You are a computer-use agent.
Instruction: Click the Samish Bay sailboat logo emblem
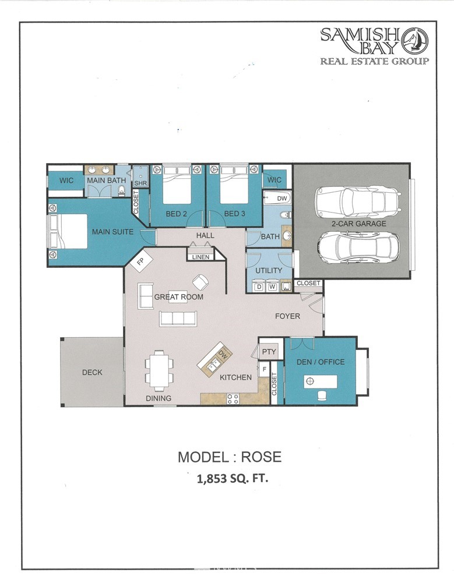(415, 40)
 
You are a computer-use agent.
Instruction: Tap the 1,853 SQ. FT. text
(232, 479)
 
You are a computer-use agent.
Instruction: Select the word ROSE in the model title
(261, 457)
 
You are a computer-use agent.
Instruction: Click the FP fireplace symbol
(140, 260)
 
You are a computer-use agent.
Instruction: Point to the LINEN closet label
(201, 257)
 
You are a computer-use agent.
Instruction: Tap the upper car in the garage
(358, 203)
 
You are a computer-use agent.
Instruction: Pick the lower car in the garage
(358, 248)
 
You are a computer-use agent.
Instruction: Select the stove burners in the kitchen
(233, 399)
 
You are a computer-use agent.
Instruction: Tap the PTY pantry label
(269, 352)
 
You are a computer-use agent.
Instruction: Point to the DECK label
(92, 372)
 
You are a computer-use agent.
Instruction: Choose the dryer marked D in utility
(259, 287)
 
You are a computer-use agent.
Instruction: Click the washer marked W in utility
(272, 287)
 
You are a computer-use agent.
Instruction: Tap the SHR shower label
(140, 183)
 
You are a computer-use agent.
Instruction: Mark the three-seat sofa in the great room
(178, 319)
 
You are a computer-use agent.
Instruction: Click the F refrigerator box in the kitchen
(264, 369)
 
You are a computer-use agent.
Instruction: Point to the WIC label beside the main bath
(66, 181)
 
